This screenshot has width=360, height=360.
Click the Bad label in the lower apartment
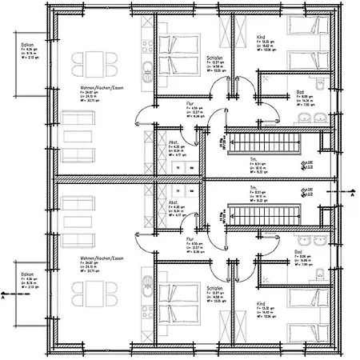pos(298,250)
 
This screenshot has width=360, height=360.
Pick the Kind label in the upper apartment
pos(261,38)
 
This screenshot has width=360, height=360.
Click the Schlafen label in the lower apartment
pos(214,287)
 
